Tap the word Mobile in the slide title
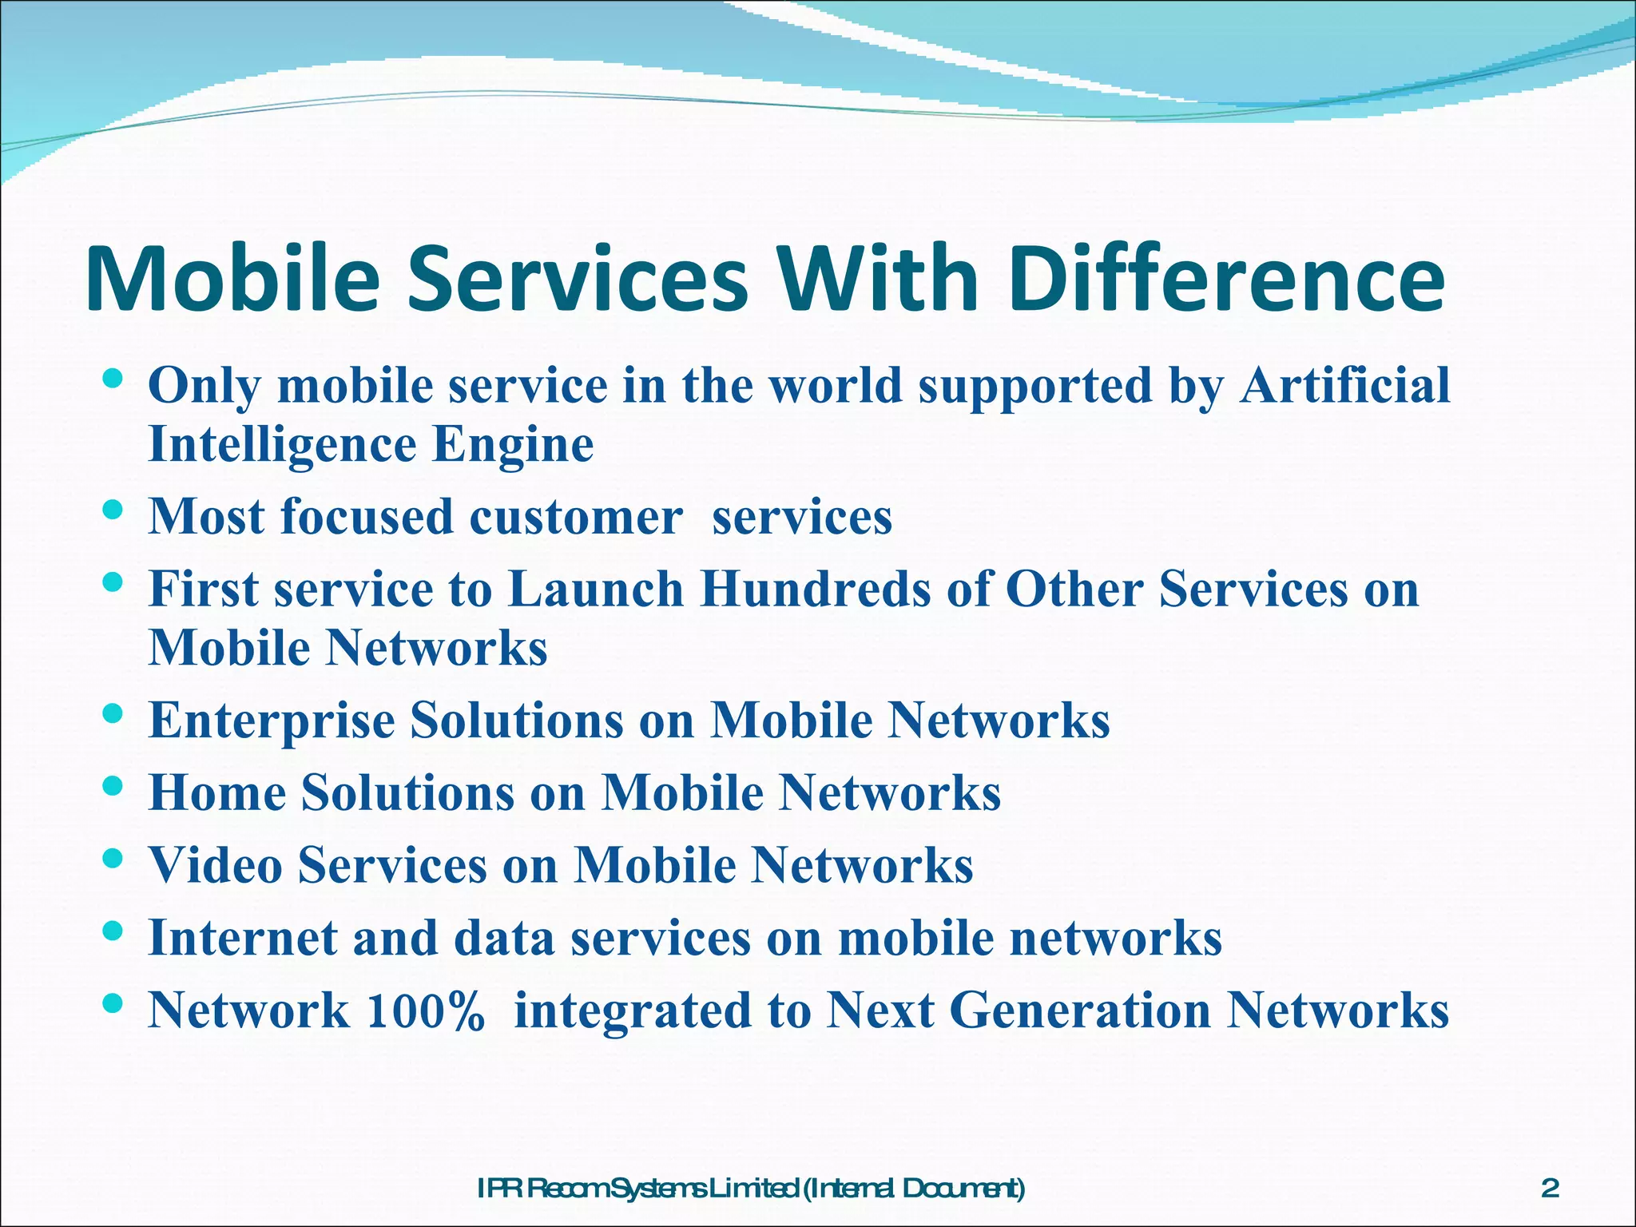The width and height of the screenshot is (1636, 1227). click(x=232, y=279)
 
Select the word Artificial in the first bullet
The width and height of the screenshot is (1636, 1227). click(x=1344, y=386)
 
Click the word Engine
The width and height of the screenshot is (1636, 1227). click(x=513, y=445)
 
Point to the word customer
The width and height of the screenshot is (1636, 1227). click(x=576, y=517)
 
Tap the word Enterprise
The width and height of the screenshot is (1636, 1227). click(x=272, y=721)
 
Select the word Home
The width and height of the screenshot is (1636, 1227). click(x=217, y=792)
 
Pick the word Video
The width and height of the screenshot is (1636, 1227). click(x=216, y=865)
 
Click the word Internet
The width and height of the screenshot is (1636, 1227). click(x=243, y=938)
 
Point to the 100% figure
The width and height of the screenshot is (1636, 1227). click(x=425, y=1011)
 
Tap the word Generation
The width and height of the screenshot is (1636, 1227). click(x=1081, y=1011)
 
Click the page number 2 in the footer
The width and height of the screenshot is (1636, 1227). click(x=1550, y=1166)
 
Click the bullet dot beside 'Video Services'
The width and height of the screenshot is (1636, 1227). click(x=113, y=858)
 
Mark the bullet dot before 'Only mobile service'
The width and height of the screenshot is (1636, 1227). click(x=113, y=378)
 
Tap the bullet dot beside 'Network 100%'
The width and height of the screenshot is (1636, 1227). click(x=113, y=1003)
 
